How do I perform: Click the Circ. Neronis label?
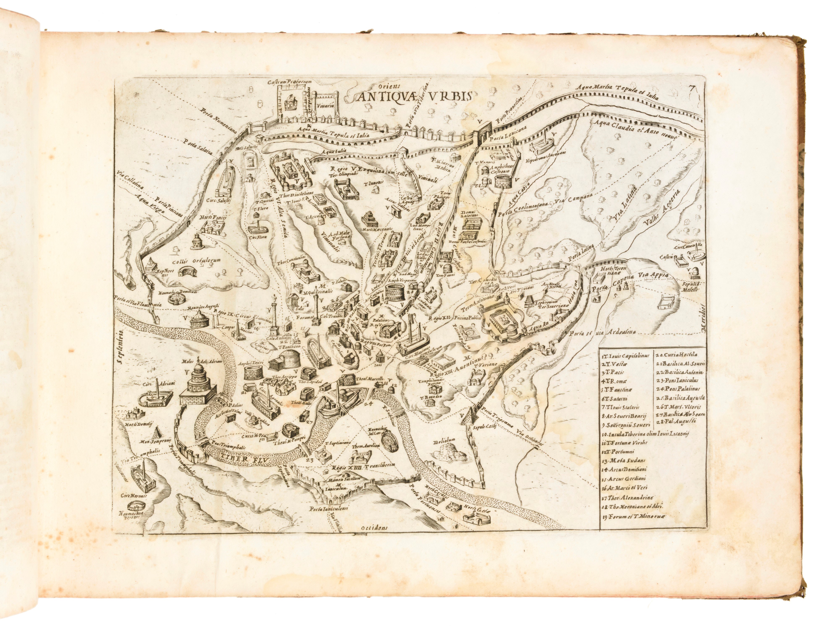click(x=137, y=495)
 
